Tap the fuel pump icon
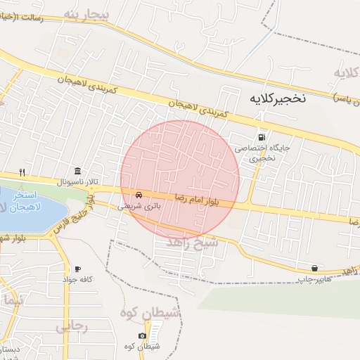click(x=262, y=138)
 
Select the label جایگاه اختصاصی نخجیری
click(x=262, y=153)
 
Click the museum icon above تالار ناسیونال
click(x=77, y=171)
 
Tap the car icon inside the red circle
click(x=139, y=195)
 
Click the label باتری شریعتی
click(x=139, y=207)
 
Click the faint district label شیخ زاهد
click(x=193, y=241)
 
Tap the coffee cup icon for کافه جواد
click(x=77, y=269)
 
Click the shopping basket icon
click(x=314, y=268)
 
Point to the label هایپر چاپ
click(x=313, y=279)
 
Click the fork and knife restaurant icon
click(x=22, y=172)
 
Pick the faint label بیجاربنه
click(x=87, y=14)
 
